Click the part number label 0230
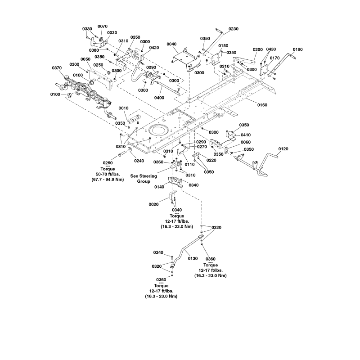pos(234,29)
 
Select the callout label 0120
pos(283,148)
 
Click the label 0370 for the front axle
pos(57,68)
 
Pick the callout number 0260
pos(108,163)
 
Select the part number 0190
pos(298,49)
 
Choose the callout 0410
pos(246,135)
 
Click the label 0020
pos(153,204)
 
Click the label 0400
pos(158,97)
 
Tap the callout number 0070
pos(103,27)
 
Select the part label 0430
pos(271,49)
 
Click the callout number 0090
pos(151,67)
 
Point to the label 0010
pos(124,108)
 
